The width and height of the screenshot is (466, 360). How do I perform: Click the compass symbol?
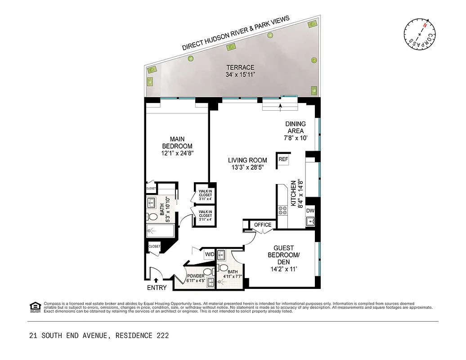[x=419, y=34]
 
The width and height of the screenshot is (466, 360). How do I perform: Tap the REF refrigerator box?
[x=283, y=160]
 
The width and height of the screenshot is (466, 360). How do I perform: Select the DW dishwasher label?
[x=310, y=211]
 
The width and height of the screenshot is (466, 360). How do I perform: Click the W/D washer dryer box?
[x=210, y=254]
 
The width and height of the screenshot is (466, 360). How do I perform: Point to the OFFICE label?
[x=263, y=225]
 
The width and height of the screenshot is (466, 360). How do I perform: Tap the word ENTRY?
[x=157, y=288]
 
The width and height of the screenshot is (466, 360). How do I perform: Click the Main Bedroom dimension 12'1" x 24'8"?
[x=177, y=153]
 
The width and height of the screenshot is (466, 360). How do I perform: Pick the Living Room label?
[x=247, y=160]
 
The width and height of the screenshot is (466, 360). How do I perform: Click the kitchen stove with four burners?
[x=283, y=211]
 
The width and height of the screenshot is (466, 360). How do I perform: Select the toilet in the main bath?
[x=153, y=216]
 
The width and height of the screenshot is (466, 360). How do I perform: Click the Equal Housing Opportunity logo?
[x=35, y=306]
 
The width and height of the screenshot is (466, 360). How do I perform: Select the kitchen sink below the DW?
[x=310, y=221]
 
